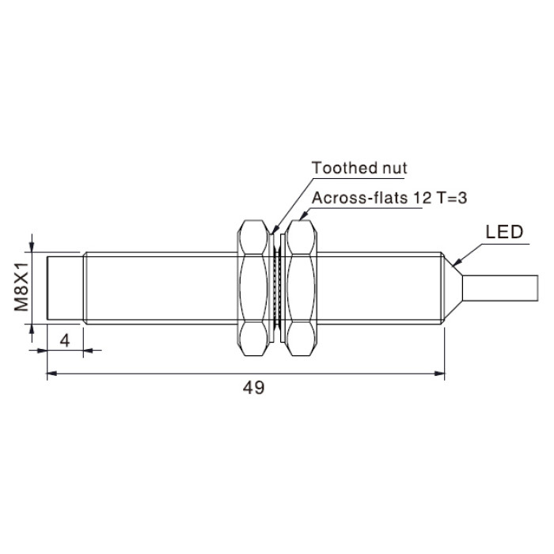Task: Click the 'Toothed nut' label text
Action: coord(359,168)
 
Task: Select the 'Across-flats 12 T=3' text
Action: coord(389,198)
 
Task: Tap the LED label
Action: coord(504,232)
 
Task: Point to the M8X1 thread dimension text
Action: coord(21,286)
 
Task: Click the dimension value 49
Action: coord(253,388)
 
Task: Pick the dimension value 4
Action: coord(65,341)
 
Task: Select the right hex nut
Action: coord(302,288)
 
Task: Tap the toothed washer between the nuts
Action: coord(277,288)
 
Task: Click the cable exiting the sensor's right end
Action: coord(500,288)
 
